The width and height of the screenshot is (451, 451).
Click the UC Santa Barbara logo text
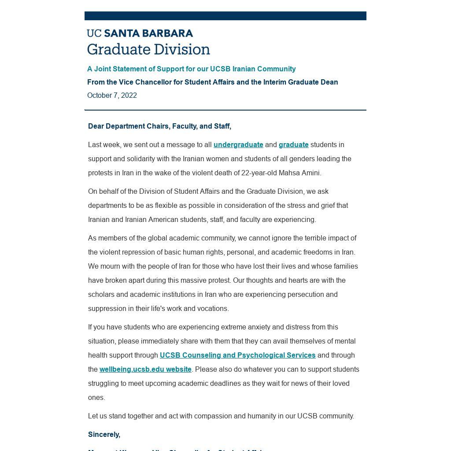[140, 33]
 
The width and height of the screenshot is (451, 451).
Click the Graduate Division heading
[148, 49]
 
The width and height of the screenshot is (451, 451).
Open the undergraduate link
[238, 145]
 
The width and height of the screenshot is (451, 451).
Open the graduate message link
[293, 145]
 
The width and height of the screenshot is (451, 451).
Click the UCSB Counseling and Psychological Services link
[237, 355]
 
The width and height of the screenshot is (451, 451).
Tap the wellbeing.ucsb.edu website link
[145, 370]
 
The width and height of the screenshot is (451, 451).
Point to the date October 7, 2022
[112, 96]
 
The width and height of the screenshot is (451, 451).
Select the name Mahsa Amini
[299, 173]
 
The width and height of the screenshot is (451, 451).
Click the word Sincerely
[104, 435]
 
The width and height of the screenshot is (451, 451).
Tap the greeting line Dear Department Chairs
[159, 126]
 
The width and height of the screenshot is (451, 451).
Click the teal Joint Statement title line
[191, 69]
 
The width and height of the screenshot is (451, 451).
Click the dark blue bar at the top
[225, 16]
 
